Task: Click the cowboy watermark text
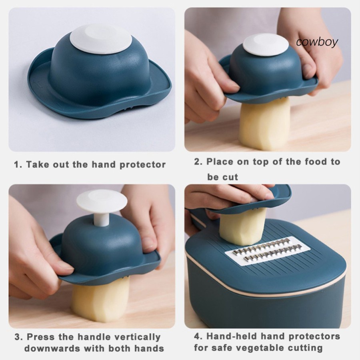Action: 317,42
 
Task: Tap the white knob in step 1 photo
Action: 101,39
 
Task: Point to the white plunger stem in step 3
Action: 102,220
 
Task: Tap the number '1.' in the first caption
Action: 18,165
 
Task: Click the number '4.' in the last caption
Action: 198,336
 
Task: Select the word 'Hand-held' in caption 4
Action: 232,336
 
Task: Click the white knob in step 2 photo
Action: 266,45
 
